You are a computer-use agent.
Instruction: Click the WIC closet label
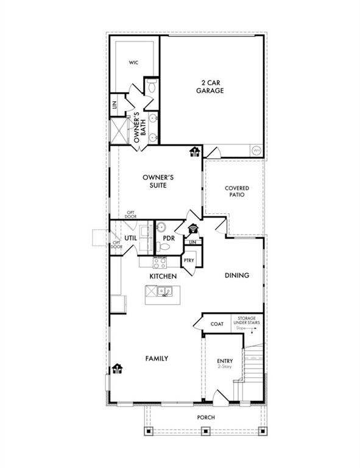click(133, 63)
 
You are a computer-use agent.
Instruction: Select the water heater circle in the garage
click(256, 150)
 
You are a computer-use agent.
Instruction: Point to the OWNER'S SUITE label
click(155, 181)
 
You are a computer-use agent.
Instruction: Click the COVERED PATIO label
click(236, 193)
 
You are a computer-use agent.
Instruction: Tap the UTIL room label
click(130, 238)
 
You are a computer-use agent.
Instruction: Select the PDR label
click(169, 238)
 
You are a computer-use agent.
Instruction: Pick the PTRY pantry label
click(189, 260)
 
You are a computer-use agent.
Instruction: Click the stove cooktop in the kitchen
click(160, 263)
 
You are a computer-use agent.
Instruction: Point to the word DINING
click(237, 275)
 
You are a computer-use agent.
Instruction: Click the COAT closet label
click(217, 324)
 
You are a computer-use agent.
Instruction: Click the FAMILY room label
click(157, 358)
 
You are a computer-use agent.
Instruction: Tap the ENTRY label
click(225, 361)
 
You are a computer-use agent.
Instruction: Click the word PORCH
click(205, 417)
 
